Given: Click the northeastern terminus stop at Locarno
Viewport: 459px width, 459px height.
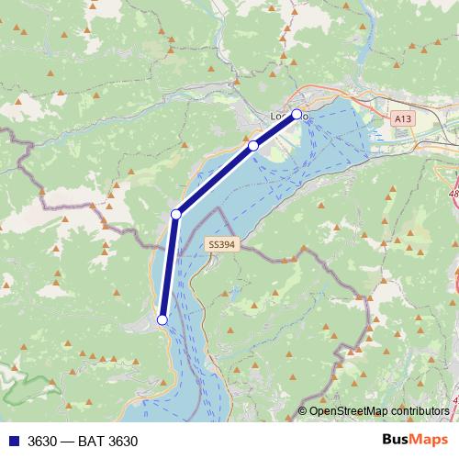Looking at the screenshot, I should (297, 115).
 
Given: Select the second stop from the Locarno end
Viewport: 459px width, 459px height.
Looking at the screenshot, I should (253, 146).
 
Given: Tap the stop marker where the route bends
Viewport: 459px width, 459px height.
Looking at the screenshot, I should (176, 215).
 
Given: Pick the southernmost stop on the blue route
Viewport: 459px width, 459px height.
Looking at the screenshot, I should (162, 319).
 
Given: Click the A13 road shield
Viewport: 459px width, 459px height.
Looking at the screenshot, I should (402, 118).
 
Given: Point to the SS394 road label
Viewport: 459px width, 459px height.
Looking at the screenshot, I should (221, 245).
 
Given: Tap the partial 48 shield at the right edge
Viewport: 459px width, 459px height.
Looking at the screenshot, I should (454, 196).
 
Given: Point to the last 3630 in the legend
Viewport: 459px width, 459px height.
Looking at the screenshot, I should (122, 442).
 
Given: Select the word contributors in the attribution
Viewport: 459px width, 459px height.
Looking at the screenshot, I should (420, 410).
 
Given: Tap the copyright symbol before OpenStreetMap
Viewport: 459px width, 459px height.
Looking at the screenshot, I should (302, 410).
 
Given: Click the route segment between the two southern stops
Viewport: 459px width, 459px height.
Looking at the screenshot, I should (169, 267).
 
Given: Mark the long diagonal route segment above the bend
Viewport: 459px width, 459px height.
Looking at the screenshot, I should (215, 181).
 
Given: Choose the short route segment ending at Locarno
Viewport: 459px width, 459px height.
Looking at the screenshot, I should (275, 130).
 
